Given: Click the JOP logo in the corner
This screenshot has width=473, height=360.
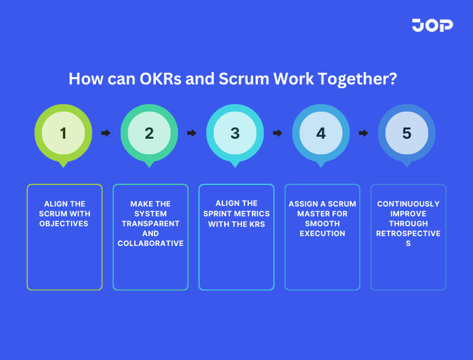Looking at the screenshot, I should [432, 25].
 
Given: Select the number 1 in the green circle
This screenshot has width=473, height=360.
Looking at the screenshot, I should [63, 133].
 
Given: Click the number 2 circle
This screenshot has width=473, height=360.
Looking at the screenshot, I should [149, 133].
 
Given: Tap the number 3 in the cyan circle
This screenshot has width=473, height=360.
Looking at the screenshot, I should [235, 133].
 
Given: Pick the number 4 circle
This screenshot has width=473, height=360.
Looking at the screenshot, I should [321, 133].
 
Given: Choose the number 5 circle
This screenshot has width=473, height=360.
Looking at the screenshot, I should [406, 133].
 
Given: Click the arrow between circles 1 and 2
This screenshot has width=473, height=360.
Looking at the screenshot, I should [106, 133].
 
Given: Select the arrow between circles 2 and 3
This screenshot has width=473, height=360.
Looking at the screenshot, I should [192, 133].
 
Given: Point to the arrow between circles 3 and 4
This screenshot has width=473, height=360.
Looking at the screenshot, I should [278, 133].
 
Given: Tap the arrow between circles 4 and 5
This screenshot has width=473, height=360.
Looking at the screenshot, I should [363, 133].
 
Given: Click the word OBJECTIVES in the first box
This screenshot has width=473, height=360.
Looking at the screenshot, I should [64, 224].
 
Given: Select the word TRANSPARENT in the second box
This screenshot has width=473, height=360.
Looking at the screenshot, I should [150, 224].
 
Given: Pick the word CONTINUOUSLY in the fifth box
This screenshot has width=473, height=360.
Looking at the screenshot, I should [408, 204].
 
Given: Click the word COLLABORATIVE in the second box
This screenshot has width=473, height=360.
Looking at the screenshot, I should [150, 243].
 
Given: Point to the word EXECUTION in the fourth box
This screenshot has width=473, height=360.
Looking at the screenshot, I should [322, 234].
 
